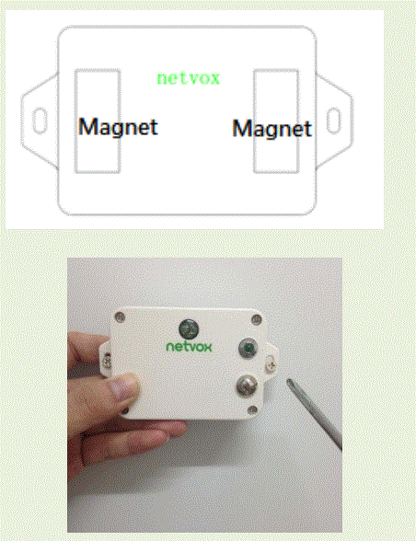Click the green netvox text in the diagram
[189, 78]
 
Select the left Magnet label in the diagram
[118, 126]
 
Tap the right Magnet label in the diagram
[272, 129]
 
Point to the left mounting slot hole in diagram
[40, 118]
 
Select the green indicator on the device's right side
[247, 348]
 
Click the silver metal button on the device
[247, 385]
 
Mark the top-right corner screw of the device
[255, 318]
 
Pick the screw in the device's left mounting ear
[108, 358]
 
